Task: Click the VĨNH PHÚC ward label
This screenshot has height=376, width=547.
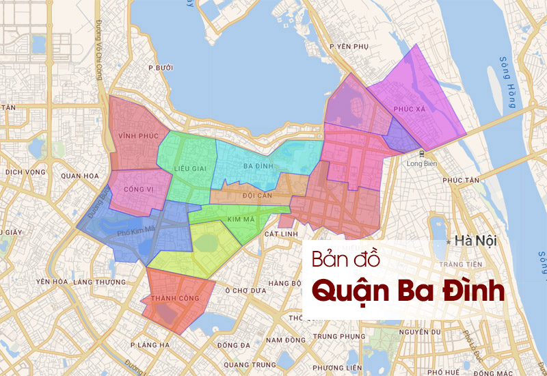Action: point(133,135)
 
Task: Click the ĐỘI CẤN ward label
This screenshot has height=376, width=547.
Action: point(258,196)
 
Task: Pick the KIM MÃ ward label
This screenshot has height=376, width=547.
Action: point(240,219)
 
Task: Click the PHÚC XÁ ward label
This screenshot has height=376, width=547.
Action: point(410,109)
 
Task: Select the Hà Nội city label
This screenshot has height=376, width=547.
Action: point(475,241)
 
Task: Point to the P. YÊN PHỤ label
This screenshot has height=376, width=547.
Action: point(349,46)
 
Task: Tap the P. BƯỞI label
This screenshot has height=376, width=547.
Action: point(161,68)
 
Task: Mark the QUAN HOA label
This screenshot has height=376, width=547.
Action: point(80,176)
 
